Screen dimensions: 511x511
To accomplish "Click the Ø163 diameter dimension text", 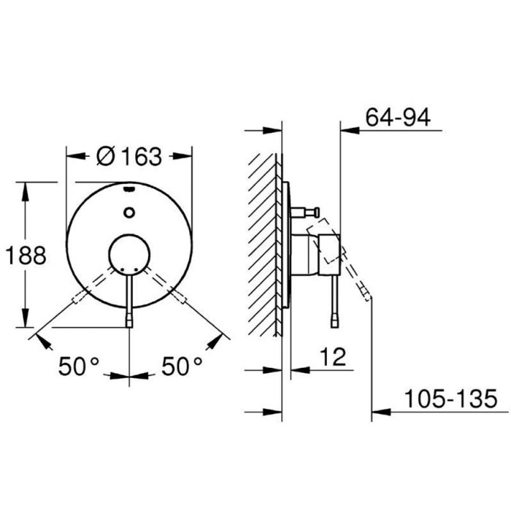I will [x=129, y=155].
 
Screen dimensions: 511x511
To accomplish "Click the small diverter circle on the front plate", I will [x=129, y=213].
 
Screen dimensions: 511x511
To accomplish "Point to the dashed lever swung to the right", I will [x=167, y=286].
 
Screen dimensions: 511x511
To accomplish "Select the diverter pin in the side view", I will [x=305, y=212].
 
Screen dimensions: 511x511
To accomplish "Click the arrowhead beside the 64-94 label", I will [x=350, y=132].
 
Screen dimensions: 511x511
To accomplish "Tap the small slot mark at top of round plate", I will [x=129, y=190].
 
